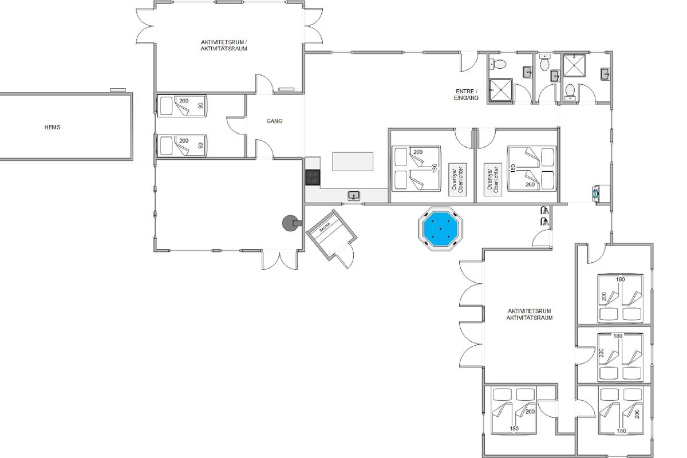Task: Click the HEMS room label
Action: (53, 127)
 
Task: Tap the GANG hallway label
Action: (274, 121)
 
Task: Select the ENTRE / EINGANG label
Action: (466, 94)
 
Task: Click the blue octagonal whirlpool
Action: (440, 229)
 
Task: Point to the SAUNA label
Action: (325, 227)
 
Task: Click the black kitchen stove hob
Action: (313, 177)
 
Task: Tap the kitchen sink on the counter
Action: (354, 195)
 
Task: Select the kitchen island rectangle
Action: (353, 161)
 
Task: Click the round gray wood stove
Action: (290, 223)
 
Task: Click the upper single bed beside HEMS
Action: (182, 106)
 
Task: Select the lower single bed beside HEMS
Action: (182, 145)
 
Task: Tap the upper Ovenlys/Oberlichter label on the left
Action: (457, 180)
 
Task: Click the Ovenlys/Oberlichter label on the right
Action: (493, 180)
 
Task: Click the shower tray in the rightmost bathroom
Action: (574, 65)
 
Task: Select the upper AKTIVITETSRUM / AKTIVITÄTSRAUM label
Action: (224, 45)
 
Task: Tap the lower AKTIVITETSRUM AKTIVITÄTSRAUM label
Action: (530, 314)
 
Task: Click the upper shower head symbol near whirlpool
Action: (544, 211)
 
